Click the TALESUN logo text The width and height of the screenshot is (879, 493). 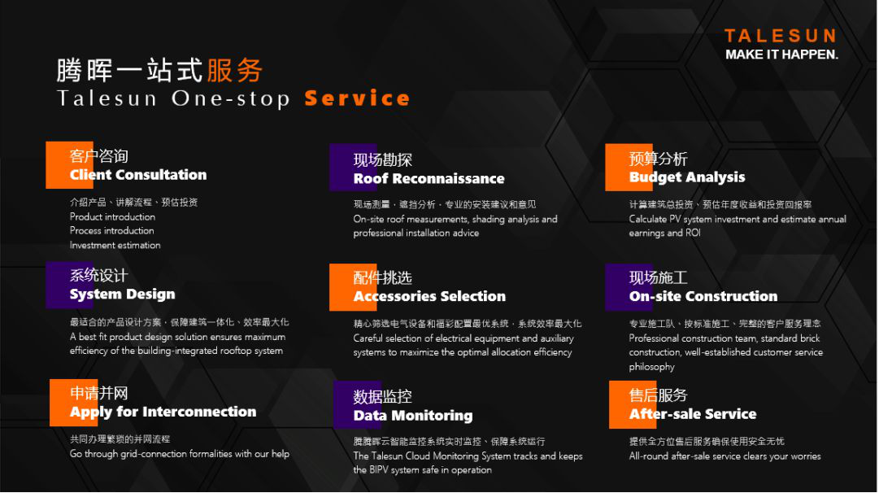tap(781, 36)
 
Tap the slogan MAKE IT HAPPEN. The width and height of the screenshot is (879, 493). tap(781, 55)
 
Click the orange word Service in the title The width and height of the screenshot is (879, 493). tap(357, 98)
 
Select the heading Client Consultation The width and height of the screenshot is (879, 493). tap(138, 174)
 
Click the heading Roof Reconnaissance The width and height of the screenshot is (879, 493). tap(429, 178)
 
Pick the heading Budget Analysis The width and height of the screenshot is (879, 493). tap(687, 177)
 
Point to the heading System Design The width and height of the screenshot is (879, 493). tap(122, 294)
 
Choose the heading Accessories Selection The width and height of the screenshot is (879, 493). tap(429, 296)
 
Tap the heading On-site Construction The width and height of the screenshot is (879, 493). tap(703, 296)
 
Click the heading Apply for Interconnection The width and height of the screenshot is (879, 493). tap(163, 412)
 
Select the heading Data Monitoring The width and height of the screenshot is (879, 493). tap(412, 416)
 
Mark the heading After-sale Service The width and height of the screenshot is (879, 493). tap(692, 414)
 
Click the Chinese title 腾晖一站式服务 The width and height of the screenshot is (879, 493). tap(159, 70)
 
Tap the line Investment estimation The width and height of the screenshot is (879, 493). tap(115, 245)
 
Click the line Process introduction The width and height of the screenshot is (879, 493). tap(111, 230)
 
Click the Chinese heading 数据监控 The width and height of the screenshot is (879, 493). tap(382, 396)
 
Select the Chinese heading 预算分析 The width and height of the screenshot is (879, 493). tap(658, 159)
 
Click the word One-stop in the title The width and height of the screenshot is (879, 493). tap(230, 98)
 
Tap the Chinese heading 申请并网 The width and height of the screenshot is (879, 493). tap(98, 393)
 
